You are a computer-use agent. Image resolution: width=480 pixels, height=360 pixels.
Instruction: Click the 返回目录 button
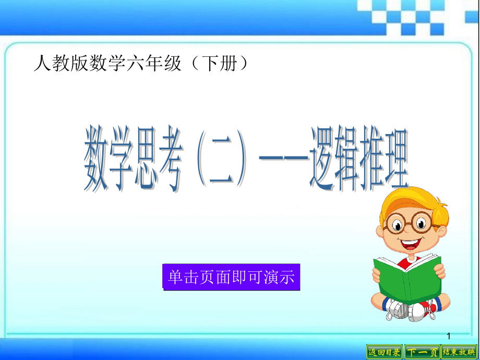pyautogui.click(x=385, y=352)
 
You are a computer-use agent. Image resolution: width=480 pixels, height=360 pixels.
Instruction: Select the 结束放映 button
pyautogui.click(x=460, y=352)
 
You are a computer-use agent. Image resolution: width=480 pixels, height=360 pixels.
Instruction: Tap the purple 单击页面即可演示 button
pyautogui.click(x=232, y=276)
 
